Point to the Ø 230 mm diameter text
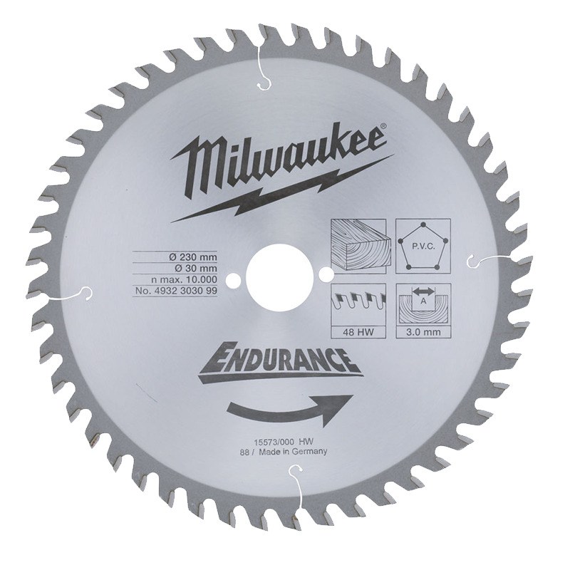(193, 257)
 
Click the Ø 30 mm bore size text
(196, 269)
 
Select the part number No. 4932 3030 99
(176, 291)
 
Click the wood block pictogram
(358, 246)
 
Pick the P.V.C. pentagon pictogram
(423, 246)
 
